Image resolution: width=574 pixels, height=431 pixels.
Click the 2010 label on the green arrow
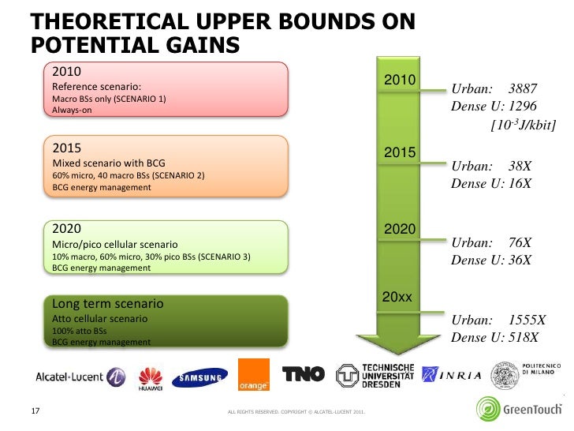click(x=399, y=81)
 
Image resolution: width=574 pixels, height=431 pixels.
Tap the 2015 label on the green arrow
click(x=399, y=152)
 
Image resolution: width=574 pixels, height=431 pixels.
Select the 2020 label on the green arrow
click(x=399, y=229)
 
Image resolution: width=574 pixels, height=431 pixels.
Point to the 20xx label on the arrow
click(x=397, y=297)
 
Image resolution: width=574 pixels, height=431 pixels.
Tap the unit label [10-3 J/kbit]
click(x=523, y=125)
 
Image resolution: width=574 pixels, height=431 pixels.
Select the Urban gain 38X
click(x=520, y=167)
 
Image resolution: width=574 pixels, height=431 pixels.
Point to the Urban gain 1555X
click(x=526, y=320)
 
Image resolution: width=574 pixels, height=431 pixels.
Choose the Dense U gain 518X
click(x=523, y=337)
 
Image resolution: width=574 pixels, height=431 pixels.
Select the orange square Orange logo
click(x=253, y=375)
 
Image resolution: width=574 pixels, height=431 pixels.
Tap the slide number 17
click(x=35, y=410)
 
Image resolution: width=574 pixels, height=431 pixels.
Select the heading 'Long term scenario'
click(x=107, y=303)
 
